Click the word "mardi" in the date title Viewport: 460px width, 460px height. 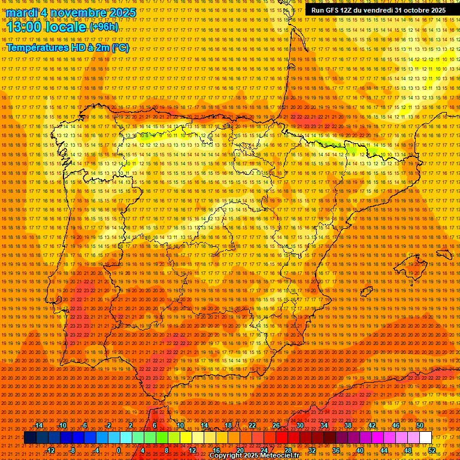point(23,13)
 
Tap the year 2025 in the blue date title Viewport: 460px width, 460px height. point(120,13)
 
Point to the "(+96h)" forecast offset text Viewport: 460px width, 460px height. point(104,27)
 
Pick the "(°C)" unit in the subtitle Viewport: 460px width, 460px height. point(120,47)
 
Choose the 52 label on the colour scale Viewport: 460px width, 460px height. point(432,450)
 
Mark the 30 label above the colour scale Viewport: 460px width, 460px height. point(299,425)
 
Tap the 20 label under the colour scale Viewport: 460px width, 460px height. point(240,450)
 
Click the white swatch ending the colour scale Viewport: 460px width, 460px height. point(425,438)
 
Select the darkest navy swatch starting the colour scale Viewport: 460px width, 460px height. point(30,438)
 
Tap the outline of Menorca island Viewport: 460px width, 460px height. point(443,254)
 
